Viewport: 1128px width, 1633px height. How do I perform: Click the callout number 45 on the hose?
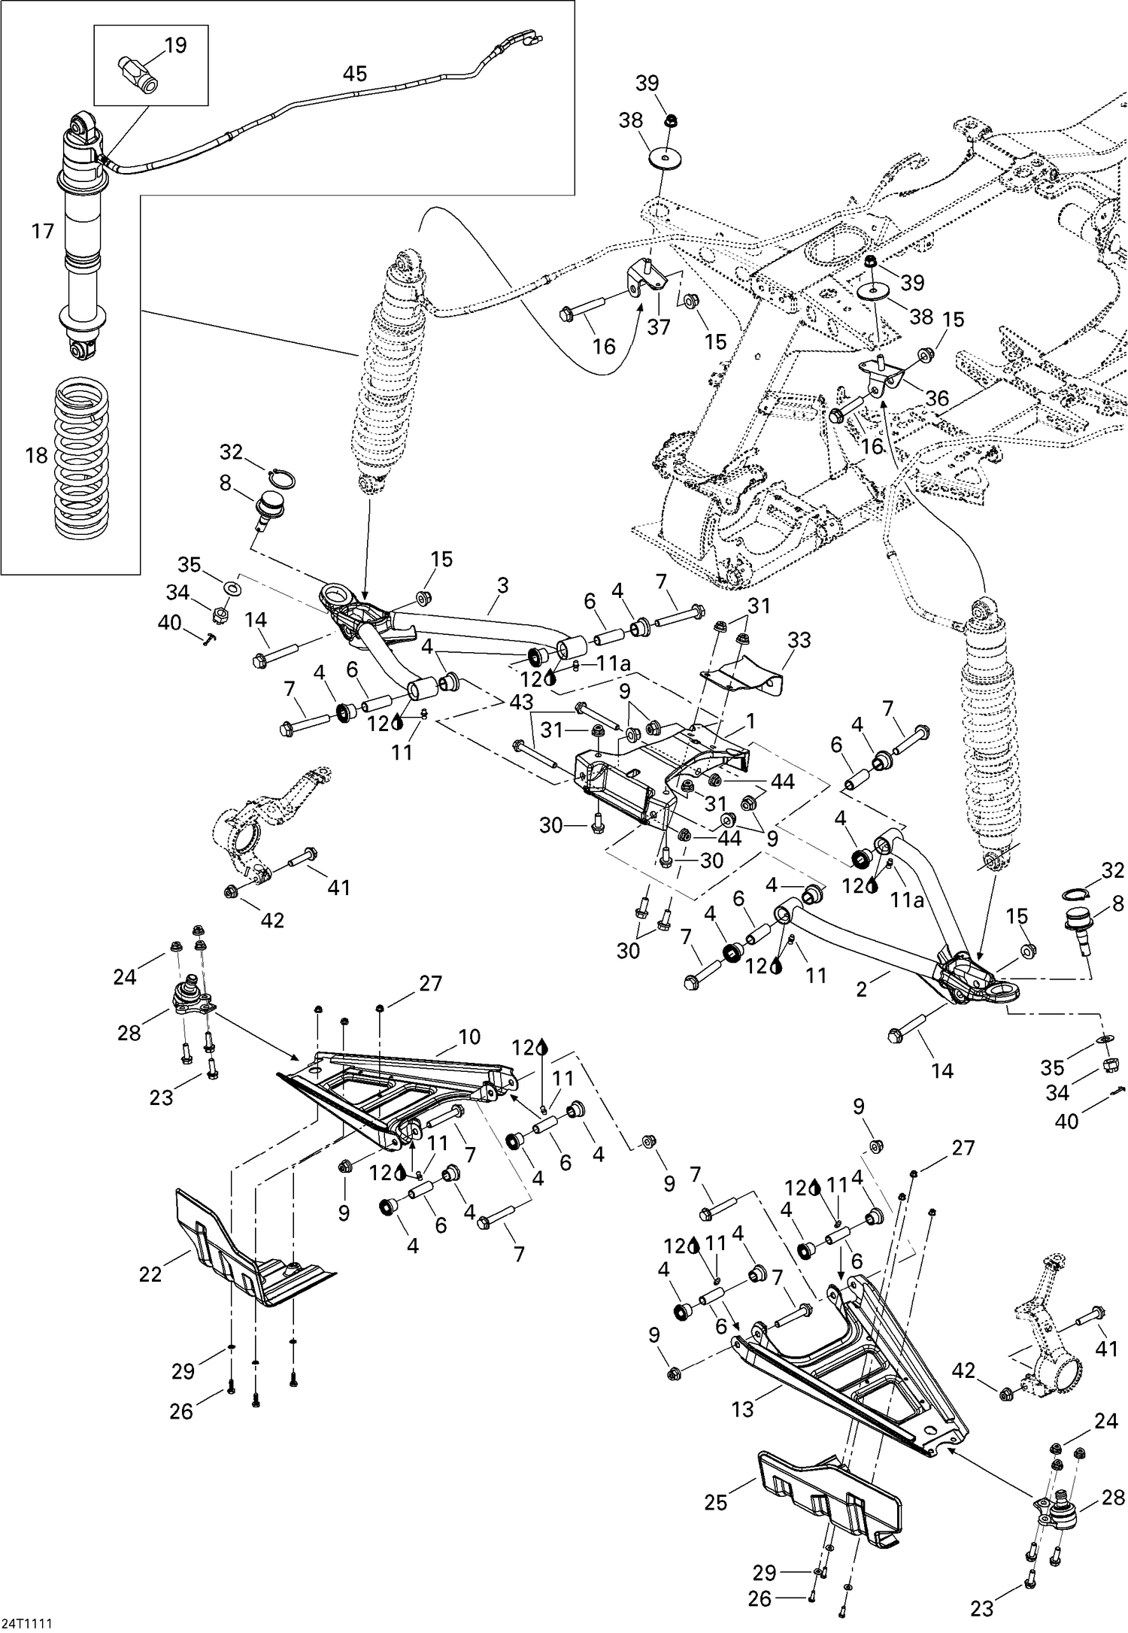354,74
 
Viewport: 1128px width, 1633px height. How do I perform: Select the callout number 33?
799,640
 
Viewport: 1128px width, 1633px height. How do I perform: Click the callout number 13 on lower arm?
742,1410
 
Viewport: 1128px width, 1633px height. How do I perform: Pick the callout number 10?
469,1037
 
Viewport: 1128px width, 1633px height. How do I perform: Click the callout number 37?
659,327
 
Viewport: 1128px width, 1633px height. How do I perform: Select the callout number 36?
937,398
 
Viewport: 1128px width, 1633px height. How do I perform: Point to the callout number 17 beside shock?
43,231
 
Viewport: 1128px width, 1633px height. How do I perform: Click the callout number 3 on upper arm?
503,584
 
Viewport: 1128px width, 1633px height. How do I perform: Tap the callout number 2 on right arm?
862,989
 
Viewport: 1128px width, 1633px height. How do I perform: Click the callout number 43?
521,703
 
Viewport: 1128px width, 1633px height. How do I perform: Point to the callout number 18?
36,455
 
